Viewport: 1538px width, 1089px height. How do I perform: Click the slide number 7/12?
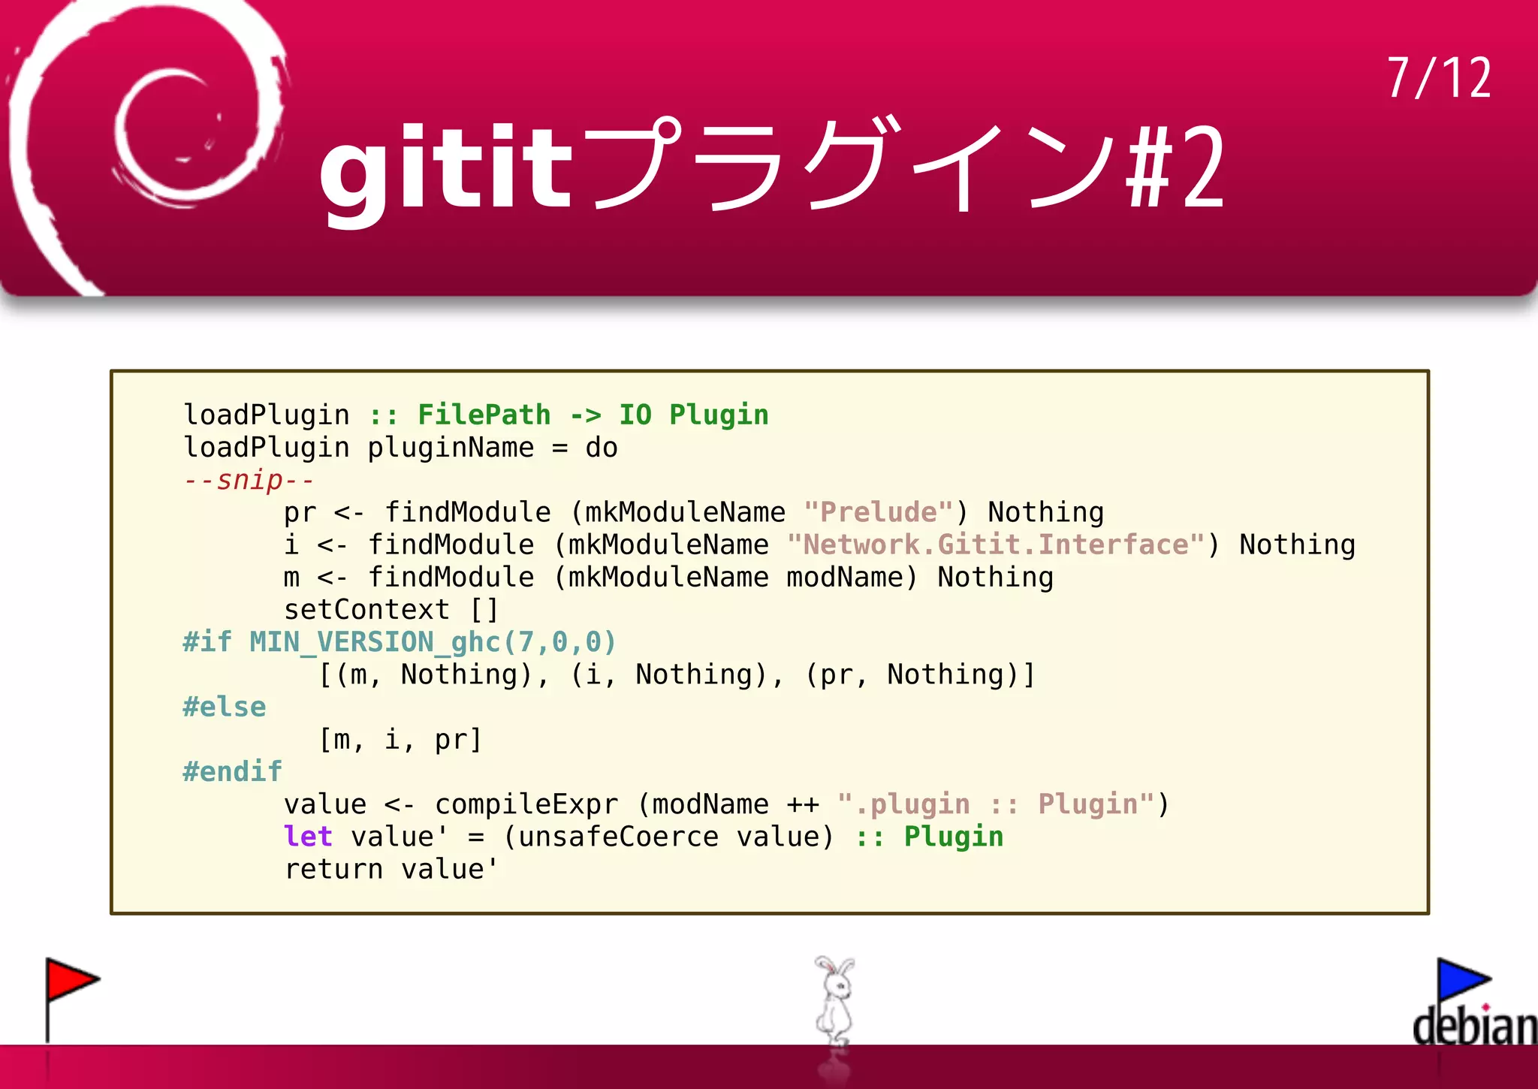[1438, 78]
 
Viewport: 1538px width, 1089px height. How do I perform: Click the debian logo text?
[1473, 1027]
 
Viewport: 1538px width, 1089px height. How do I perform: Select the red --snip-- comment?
[249, 480]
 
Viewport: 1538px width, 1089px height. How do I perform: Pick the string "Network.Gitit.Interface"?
[996, 544]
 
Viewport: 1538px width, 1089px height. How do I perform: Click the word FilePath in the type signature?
[484, 415]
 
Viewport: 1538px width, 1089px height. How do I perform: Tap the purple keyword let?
[308, 837]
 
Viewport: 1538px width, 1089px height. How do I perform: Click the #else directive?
[225, 707]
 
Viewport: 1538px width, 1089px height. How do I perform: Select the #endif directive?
[233, 771]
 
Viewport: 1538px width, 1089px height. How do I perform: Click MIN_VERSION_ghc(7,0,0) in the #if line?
[433, 642]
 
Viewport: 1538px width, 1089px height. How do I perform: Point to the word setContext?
[366, 610]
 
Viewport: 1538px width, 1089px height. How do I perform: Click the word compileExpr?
[526, 804]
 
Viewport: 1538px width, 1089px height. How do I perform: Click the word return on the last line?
[333, 869]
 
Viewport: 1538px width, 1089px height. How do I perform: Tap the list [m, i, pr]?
[400, 740]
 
